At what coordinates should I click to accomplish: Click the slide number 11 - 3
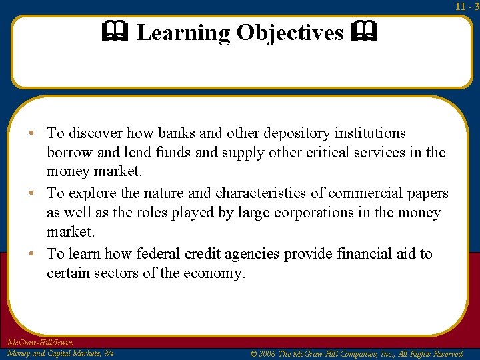467,6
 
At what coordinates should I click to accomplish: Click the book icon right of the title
367,31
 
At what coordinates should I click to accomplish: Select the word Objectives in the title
290,33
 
